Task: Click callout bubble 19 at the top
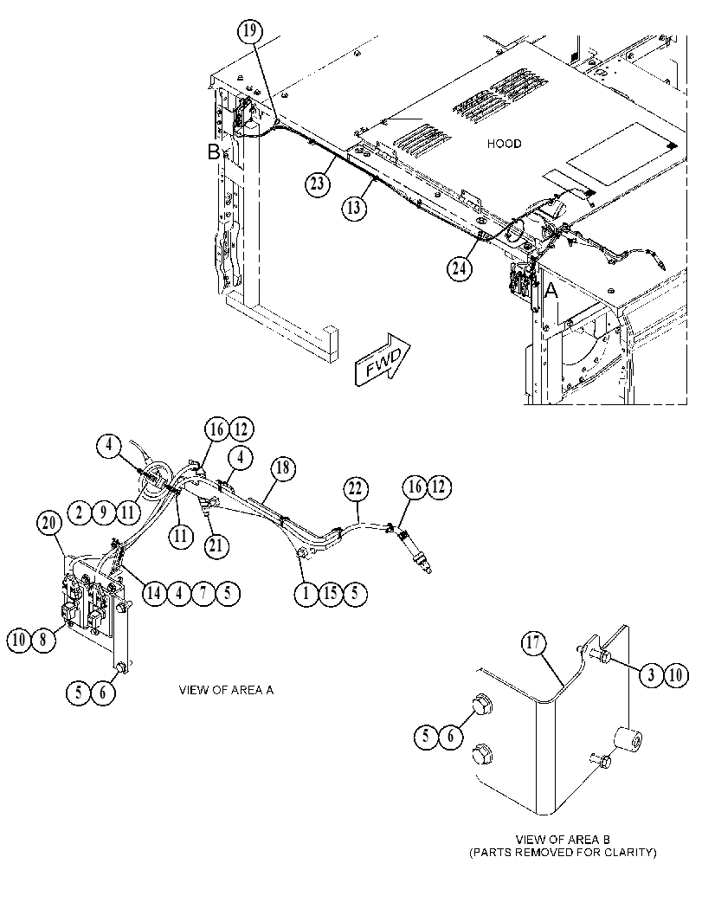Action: click(250, 30)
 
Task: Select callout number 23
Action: click(317, 184)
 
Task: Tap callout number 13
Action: click(354, 207)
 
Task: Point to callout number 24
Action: click(460, 268)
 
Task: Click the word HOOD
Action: click(504, 144)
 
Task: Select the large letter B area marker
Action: click(214, 152)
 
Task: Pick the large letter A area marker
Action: click(551, 290)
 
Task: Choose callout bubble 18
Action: click(283, 468)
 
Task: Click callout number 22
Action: click(355, 489)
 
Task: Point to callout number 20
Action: click(48, 524)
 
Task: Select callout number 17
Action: click(533, 644)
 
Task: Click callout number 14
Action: click(154, 594)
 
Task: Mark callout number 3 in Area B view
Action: click(652, 676)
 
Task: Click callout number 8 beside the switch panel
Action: click(42, 640)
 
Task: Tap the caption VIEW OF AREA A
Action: click(226, 690)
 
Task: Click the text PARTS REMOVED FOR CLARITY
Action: click(564, 853)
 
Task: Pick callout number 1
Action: click(305, 594)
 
